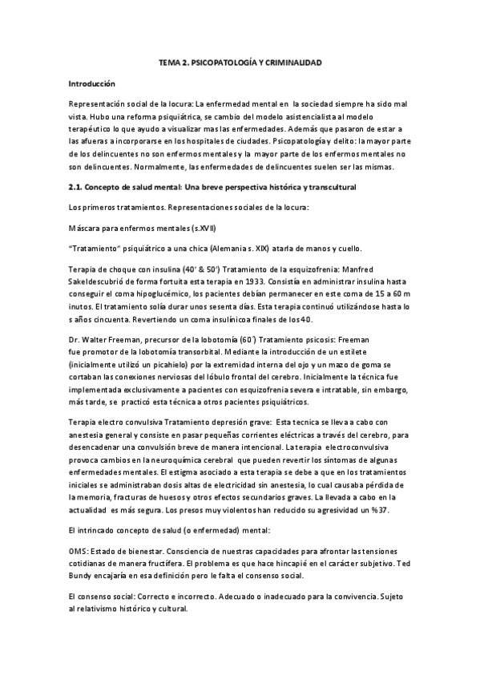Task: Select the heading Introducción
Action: [92, 83]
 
